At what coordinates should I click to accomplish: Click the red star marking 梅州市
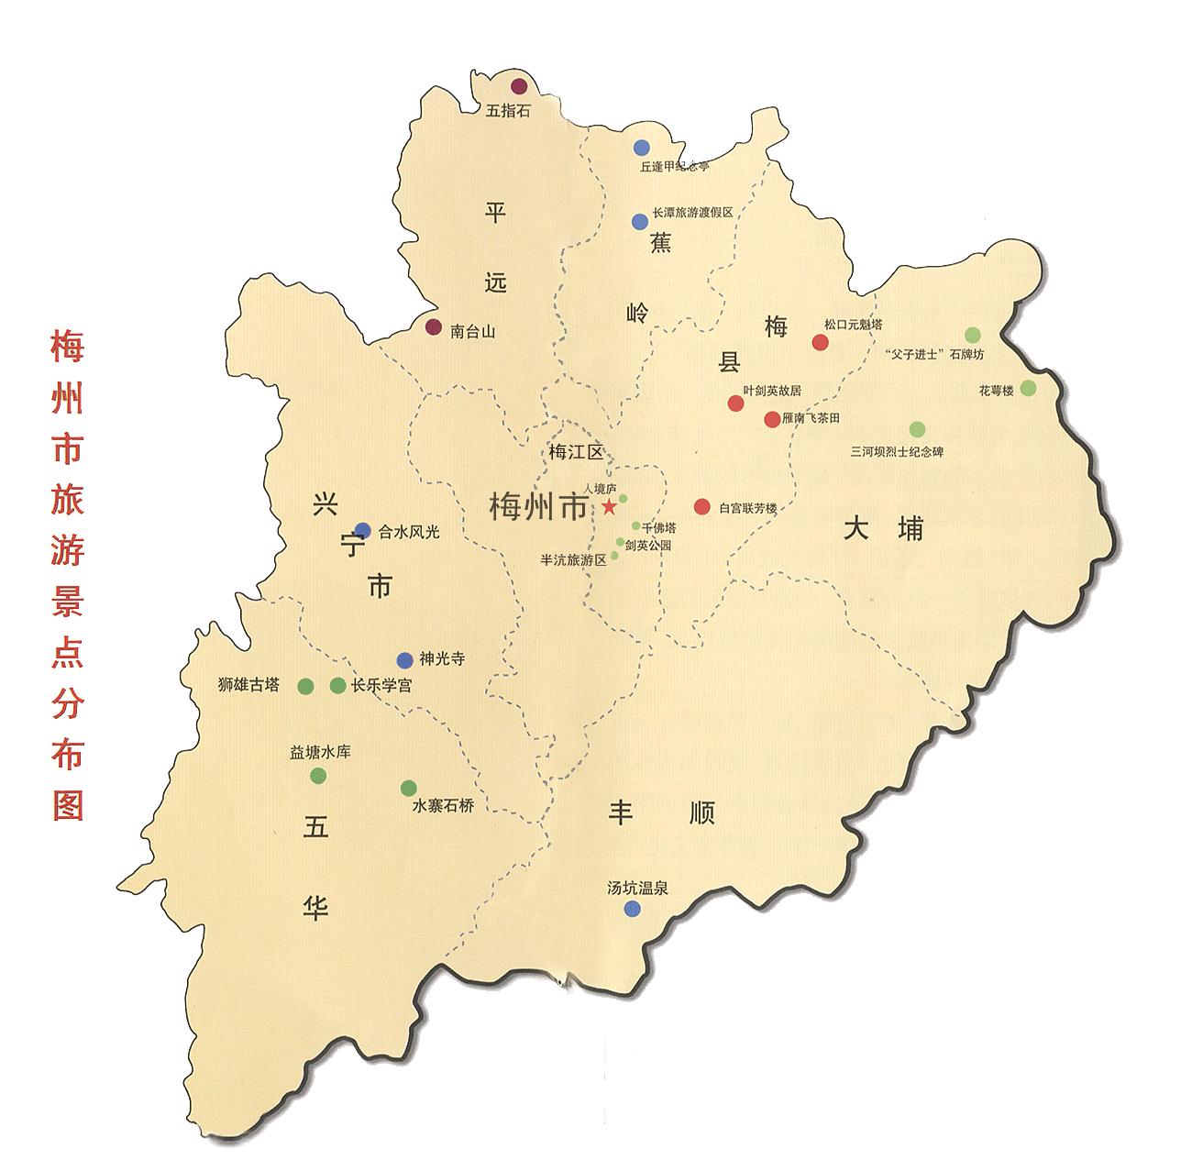[x=609, y=506]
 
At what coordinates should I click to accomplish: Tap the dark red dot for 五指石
[x=519, y=87]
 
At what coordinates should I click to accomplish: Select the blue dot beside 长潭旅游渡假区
[x=640, y=221]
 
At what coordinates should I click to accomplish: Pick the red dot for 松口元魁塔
[x=820, y=342]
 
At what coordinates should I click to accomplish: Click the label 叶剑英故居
[x=772, y=390]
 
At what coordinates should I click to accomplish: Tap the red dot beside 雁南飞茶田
[x=772, y=419]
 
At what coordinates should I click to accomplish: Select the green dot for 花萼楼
[x=1028, y=388]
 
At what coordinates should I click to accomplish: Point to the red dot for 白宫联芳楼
[x=702, y=506]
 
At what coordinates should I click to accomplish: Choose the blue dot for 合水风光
[x=363, y=529]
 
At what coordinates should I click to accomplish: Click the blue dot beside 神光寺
[x=404, y=660]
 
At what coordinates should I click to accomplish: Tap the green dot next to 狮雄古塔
[x=306, y=686]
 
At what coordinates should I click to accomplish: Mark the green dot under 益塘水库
[x=318, y=776]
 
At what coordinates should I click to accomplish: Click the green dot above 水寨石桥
[x=409, y=788]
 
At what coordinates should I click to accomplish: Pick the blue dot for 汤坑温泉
[x=632, y=909]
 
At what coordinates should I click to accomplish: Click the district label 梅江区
[x=575, y=451]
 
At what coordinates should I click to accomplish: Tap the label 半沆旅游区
[x=574, y=559]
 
